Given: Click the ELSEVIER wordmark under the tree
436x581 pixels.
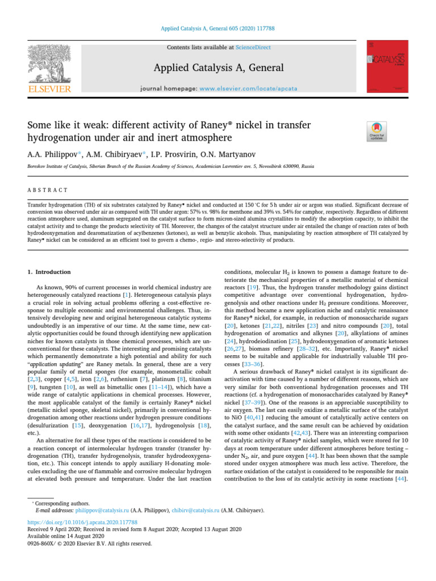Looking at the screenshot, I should [49, 89].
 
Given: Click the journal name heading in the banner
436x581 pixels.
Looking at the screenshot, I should [218, 68].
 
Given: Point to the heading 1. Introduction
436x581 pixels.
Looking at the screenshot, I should [50, 272].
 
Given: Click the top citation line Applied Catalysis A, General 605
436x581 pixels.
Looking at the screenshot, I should [217, 27].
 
